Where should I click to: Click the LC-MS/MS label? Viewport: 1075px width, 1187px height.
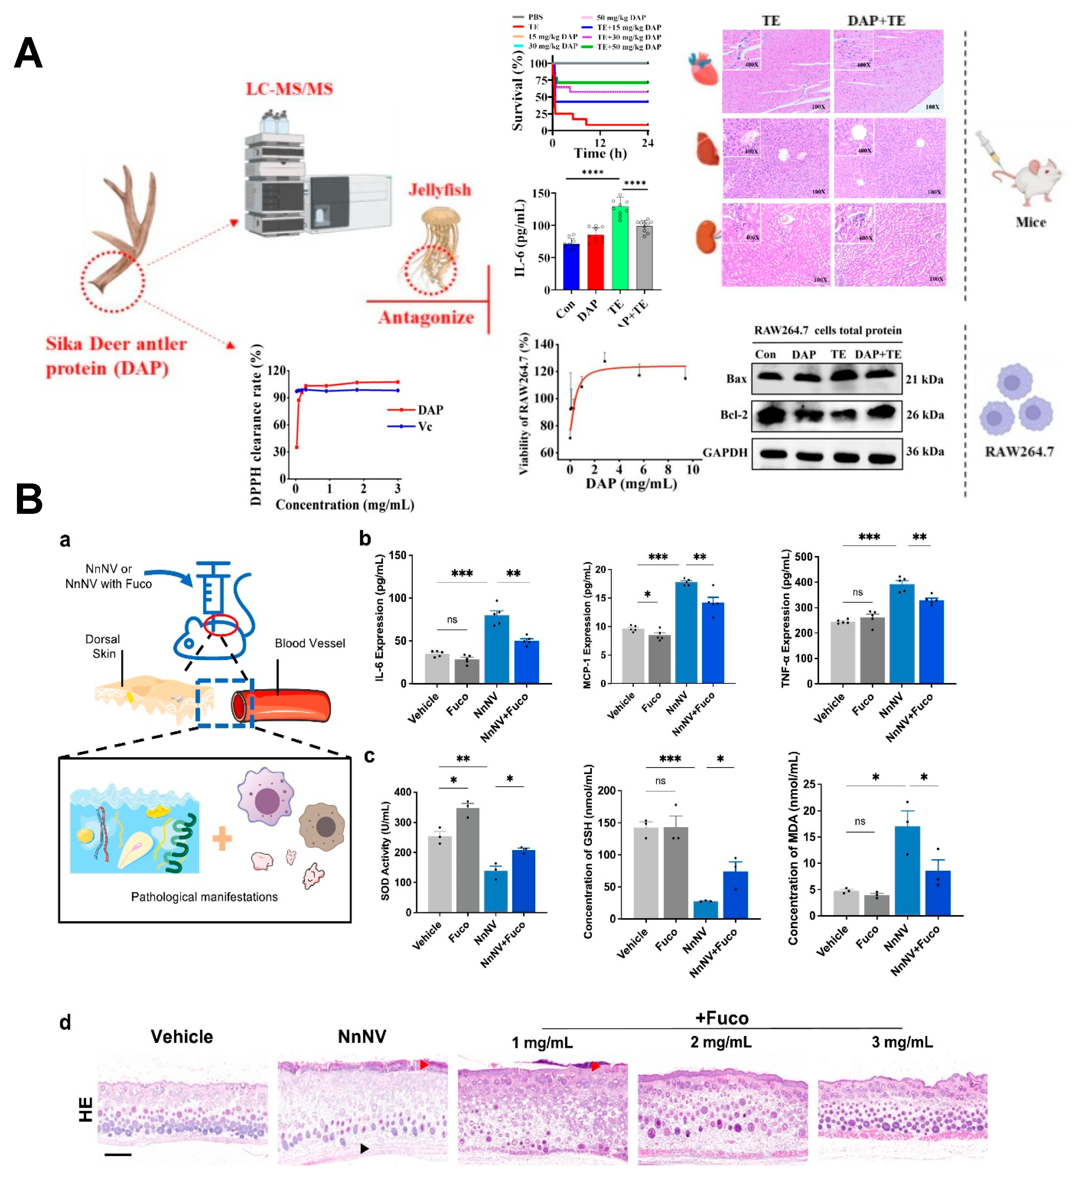289,89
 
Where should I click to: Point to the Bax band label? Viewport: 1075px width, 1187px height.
736,378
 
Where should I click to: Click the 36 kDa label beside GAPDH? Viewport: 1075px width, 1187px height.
925,451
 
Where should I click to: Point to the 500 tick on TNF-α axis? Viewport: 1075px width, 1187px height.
804,557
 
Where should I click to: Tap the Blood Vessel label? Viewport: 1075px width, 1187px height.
310,643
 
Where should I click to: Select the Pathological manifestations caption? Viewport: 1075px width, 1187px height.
204,897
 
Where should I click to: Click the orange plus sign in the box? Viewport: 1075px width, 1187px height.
222,839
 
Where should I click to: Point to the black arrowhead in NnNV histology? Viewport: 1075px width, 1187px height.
364,1148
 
